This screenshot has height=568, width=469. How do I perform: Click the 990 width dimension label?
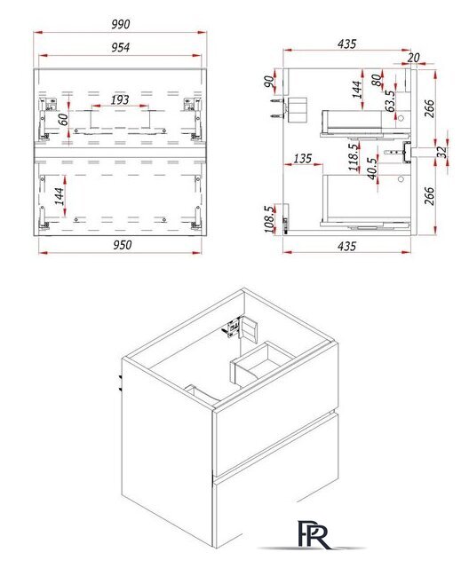pos(120,24)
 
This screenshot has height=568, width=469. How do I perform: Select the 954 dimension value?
pos(120,47)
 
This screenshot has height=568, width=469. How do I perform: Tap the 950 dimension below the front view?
pos(123,245)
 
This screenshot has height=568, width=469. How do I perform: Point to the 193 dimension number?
pos(120,99)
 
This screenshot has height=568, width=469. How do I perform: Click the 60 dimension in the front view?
pos(63,119)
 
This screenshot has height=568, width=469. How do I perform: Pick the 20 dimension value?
pos(413,57)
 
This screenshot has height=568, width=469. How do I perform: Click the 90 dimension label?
pos(270,82)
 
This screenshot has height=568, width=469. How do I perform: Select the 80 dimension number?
pos(377,80)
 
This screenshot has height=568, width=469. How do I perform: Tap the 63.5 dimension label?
pos(390,101)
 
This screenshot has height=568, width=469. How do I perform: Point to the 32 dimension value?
pos(441,152)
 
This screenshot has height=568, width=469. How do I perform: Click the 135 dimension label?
pos(302,158)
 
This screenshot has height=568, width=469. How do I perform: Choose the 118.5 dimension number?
pos(354,157)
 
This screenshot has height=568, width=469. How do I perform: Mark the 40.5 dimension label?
pos(372,168)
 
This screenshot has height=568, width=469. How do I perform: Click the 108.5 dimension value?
pos(270,219)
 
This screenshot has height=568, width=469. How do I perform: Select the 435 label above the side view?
pos(346,43)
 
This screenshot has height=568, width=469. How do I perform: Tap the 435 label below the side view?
pos(346,246)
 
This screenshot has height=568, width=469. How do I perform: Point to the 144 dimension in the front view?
pos(60,196)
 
